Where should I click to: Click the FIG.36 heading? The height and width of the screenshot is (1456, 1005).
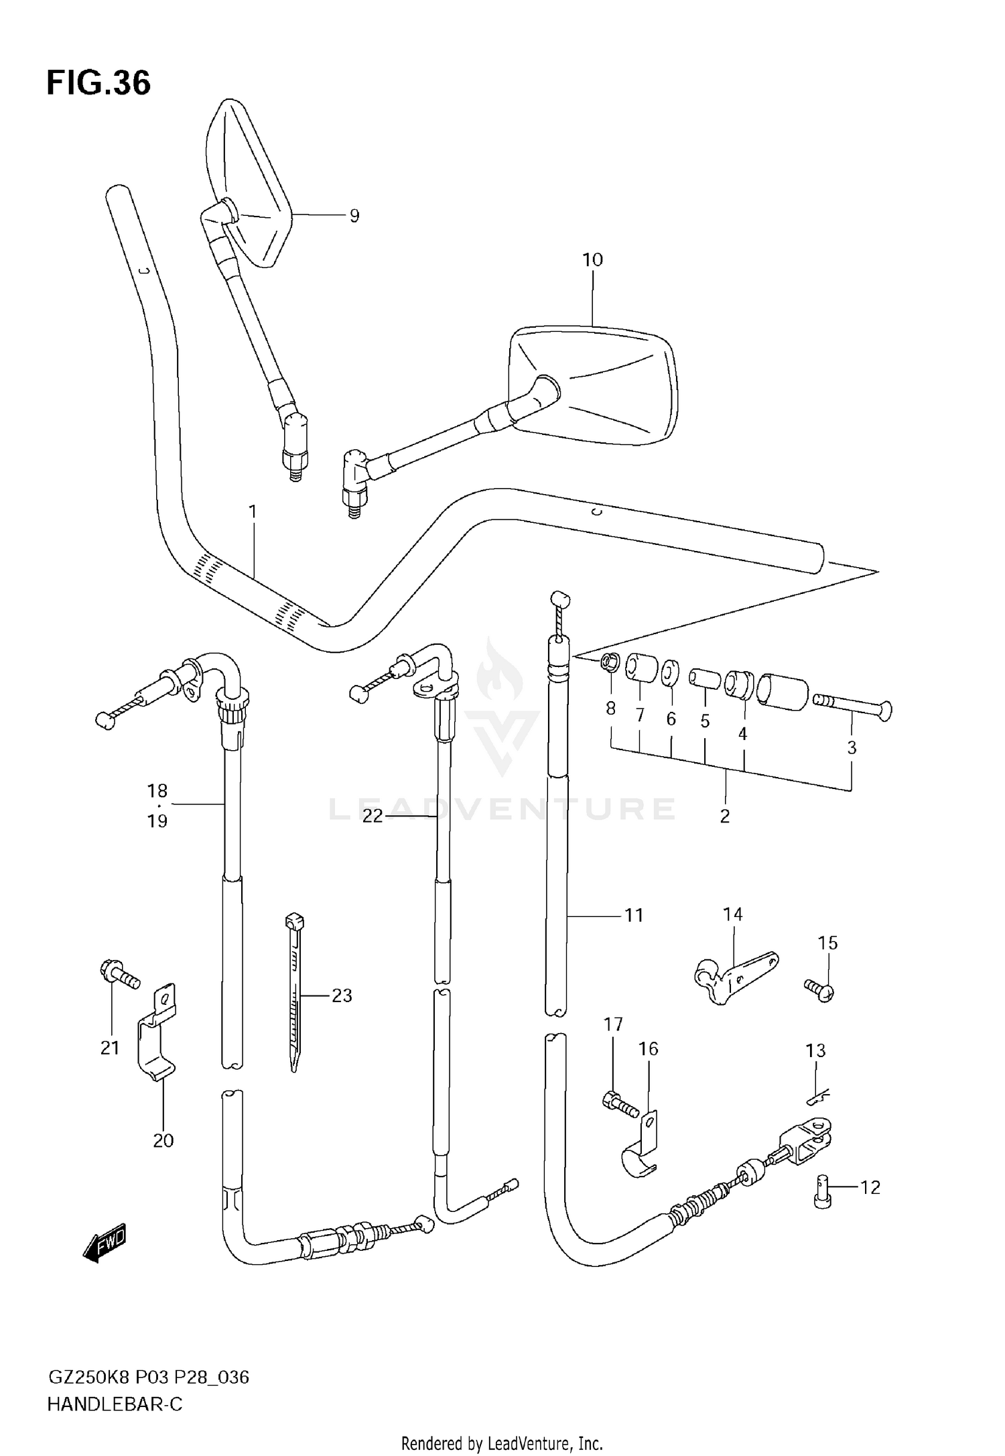coord(98,84)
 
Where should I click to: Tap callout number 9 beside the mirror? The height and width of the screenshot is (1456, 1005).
coord(354,216)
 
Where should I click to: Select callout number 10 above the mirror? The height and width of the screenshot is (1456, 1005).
coord(592,259)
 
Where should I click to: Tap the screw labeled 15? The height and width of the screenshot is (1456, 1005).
coord(819,990)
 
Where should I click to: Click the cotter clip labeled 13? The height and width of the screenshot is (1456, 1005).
coord(817,1096)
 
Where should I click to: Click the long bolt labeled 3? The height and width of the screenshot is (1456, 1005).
coord(854,708)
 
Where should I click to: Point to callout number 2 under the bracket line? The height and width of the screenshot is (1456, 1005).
coord(724,816)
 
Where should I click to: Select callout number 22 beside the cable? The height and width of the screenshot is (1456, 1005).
coord(372,816)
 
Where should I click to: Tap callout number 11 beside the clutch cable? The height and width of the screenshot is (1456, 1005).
coord(633,915)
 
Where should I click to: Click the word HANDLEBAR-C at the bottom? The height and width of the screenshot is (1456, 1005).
coord(115,1404)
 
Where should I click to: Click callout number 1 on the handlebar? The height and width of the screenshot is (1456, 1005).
coord(253,512)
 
